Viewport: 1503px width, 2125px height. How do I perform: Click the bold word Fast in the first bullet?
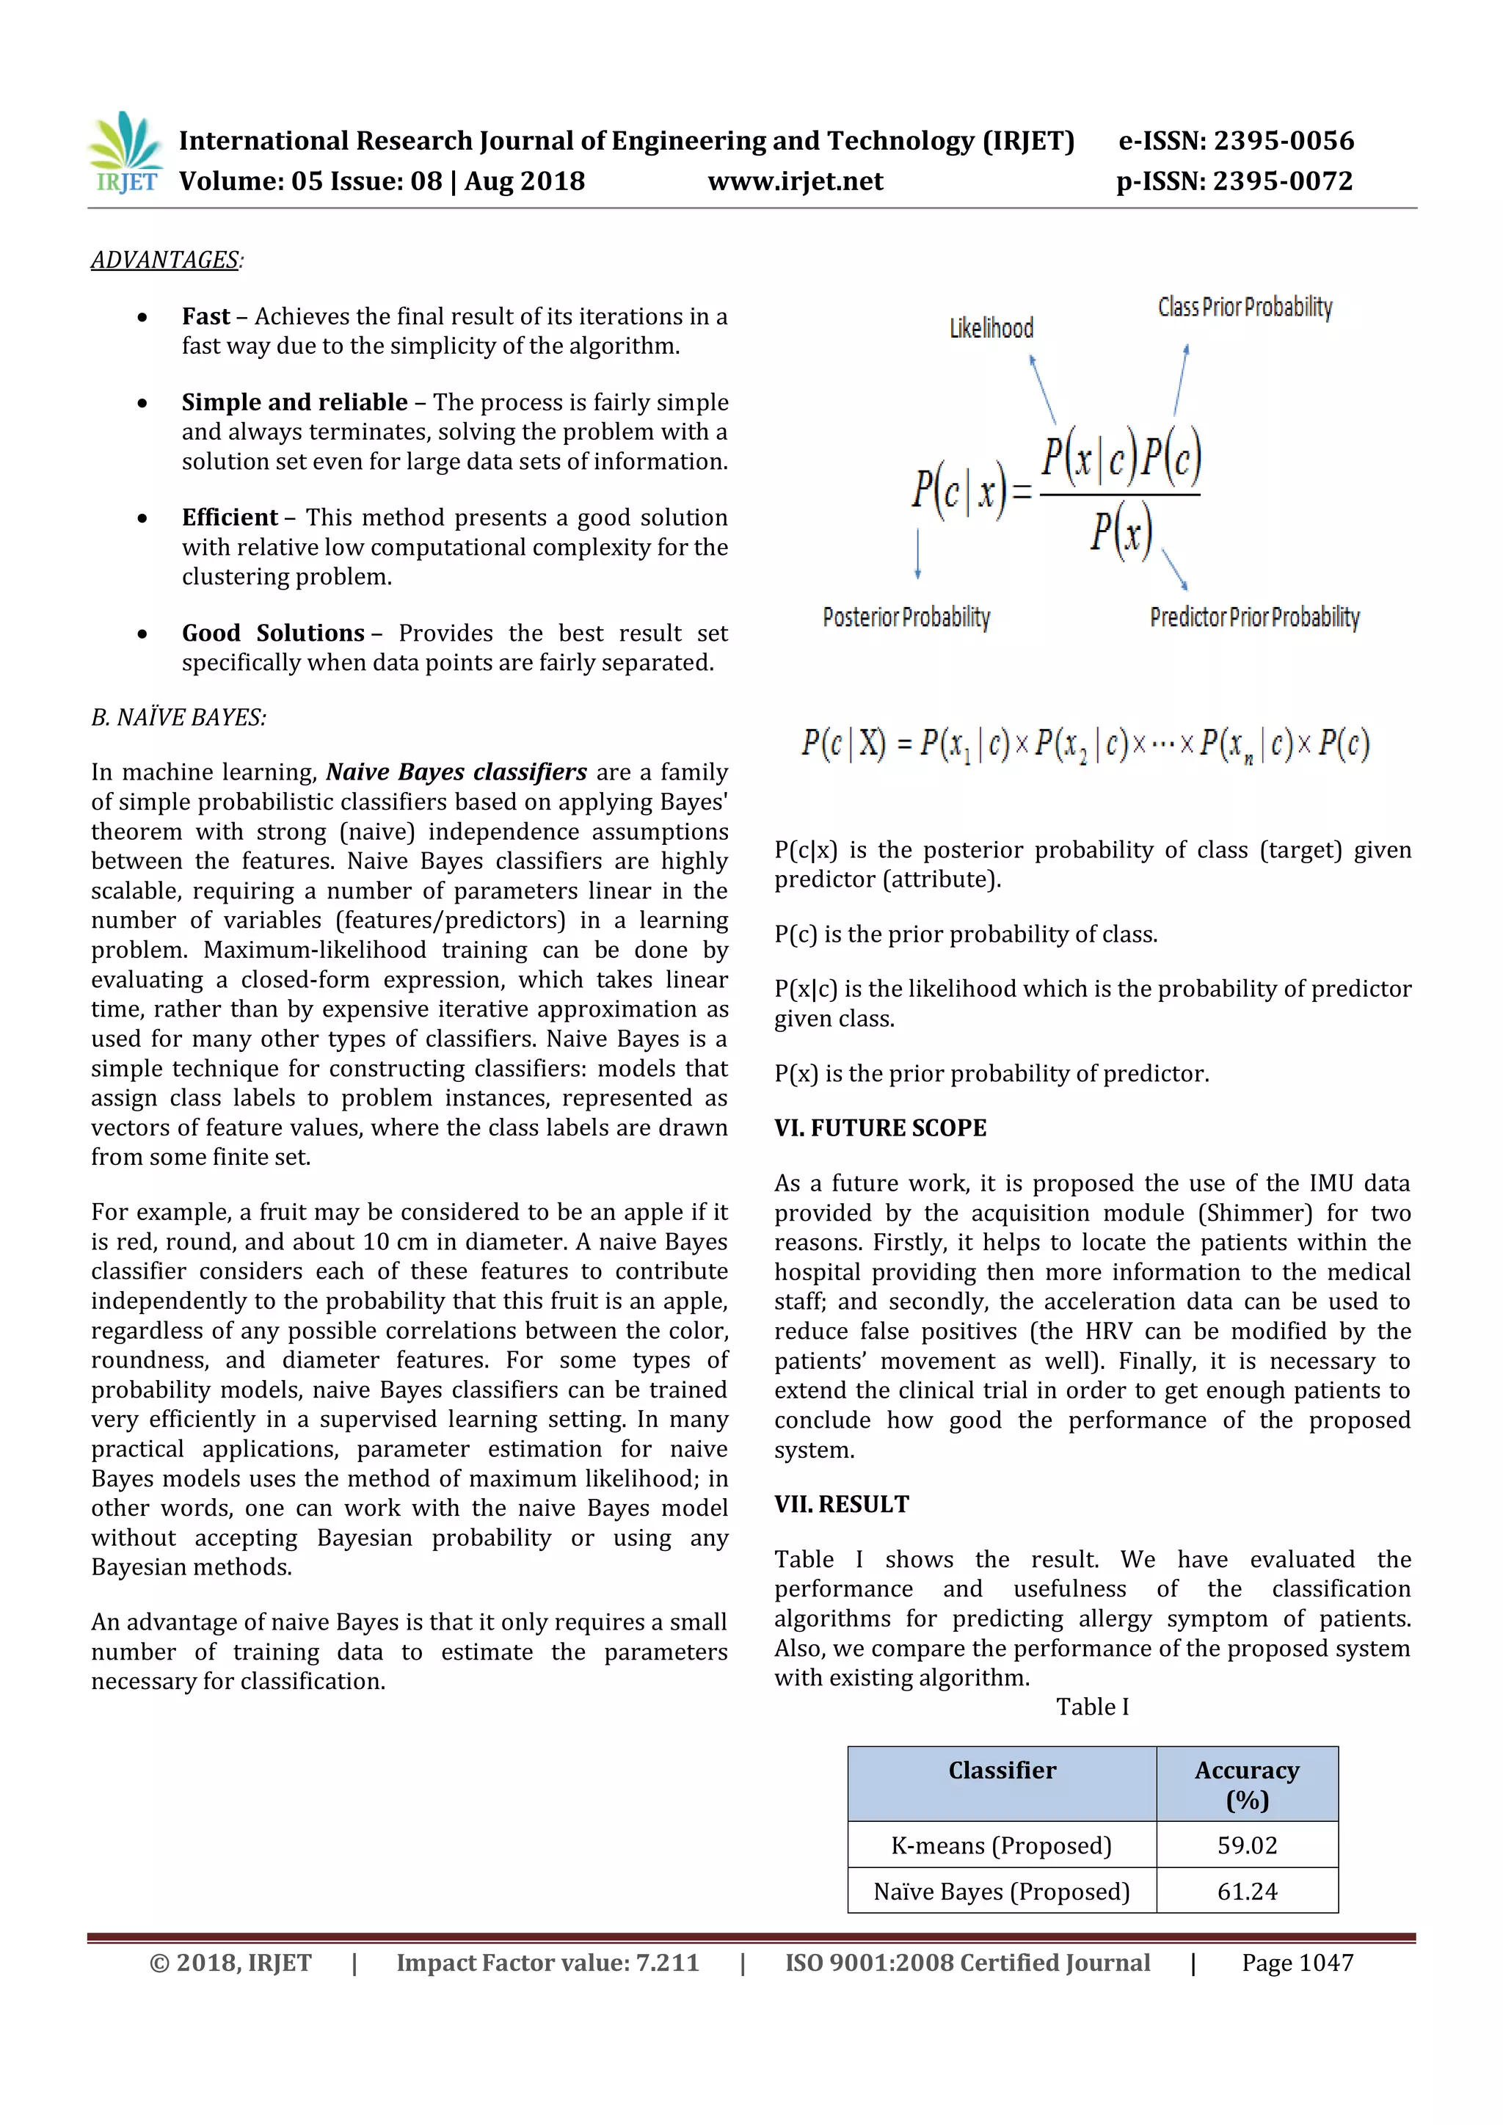[x=205, y=316]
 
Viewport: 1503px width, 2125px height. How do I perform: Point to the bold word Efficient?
[x=230, y=517]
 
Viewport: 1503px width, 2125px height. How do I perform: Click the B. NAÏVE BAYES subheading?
[x=178, y=717]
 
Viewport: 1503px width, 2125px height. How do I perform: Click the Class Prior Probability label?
[x=1245, y=308]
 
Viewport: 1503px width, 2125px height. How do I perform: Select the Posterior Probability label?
[x=906, y=617]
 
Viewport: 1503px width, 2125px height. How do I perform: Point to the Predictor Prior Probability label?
[x=1254, y=617]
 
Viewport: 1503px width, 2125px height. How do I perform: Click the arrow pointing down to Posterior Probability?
[x=917, y=553]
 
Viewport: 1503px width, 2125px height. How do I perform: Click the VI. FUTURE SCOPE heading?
[x=880, y=1128]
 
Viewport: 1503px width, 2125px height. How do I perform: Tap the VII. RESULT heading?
[x=841, y=1505]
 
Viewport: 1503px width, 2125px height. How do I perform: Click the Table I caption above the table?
[x=1092, y=1707]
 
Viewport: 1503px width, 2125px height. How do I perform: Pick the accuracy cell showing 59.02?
[x=1247, y=1846]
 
